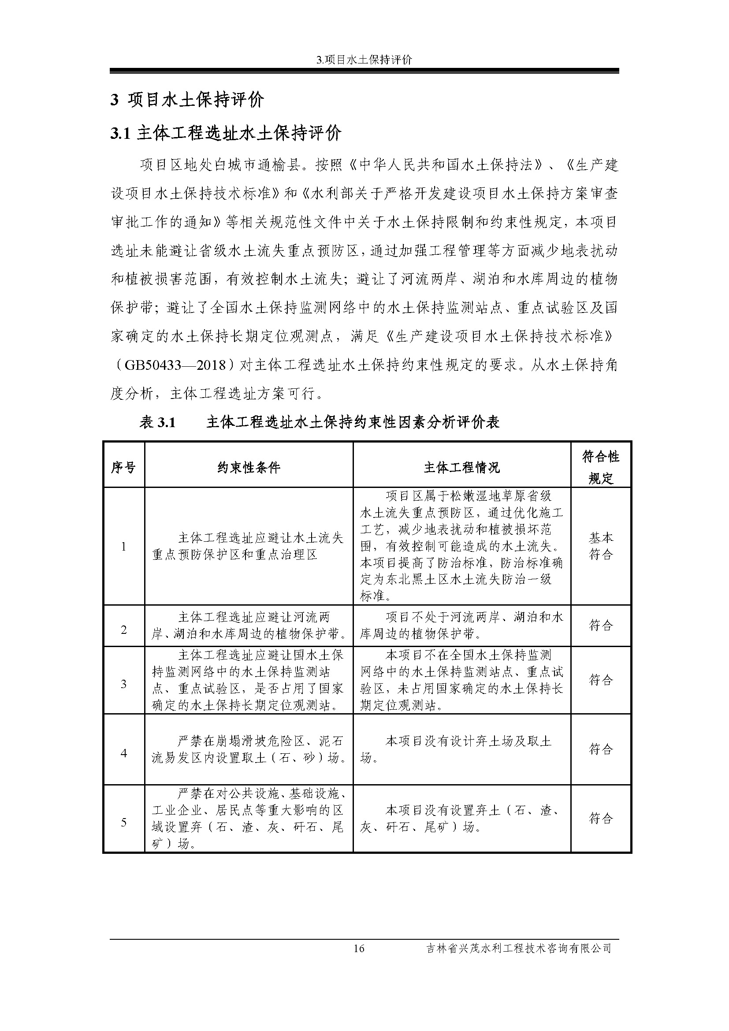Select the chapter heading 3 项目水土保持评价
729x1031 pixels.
(x=187, y=100)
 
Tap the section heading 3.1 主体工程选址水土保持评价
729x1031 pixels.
(x=226, y=134)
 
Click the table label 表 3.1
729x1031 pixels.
(x=157, y=422)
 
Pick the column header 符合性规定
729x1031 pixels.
(x=601, y=467)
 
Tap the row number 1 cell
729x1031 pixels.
(x=123, y=547)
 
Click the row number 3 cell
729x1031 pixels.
(x=123, y=684)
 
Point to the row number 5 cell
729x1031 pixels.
(x=123, y=822)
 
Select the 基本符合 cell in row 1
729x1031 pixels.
(x=601, y=546)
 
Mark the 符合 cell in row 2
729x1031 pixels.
(x=601, y=625)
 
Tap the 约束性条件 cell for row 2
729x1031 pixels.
(x=249, y=625)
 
